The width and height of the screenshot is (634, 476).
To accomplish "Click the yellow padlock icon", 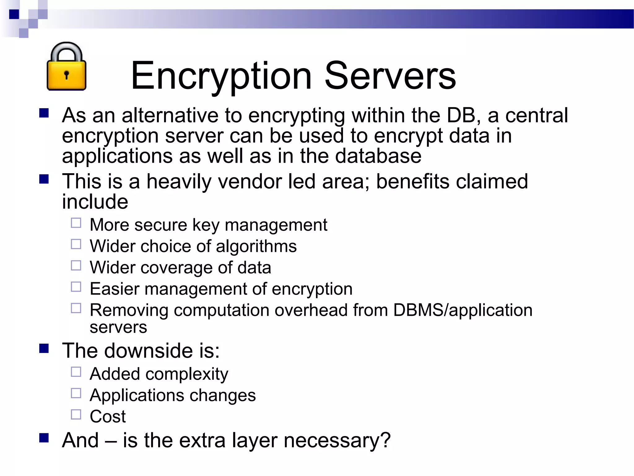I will (66, 67).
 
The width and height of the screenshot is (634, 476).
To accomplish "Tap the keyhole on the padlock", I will (66, 75).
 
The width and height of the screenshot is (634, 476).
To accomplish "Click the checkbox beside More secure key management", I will (76, 223).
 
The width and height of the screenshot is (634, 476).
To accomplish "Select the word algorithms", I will (256, 246).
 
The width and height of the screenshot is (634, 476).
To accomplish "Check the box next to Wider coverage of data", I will (76, 266).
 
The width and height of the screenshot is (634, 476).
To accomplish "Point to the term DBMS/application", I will (462, 310).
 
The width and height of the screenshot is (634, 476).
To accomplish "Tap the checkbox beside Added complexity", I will (76, 372).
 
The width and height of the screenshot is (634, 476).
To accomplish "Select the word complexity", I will (187, 374).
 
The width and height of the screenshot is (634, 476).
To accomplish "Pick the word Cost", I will (108, 416).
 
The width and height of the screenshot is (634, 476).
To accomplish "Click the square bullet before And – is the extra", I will (44, 438).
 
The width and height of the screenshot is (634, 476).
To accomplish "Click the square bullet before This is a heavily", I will (44, 179).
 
